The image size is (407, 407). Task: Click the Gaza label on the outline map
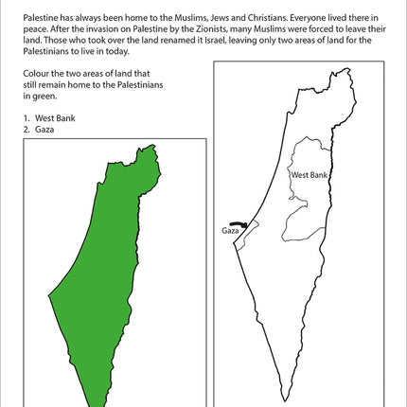click(x=230, y=230)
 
